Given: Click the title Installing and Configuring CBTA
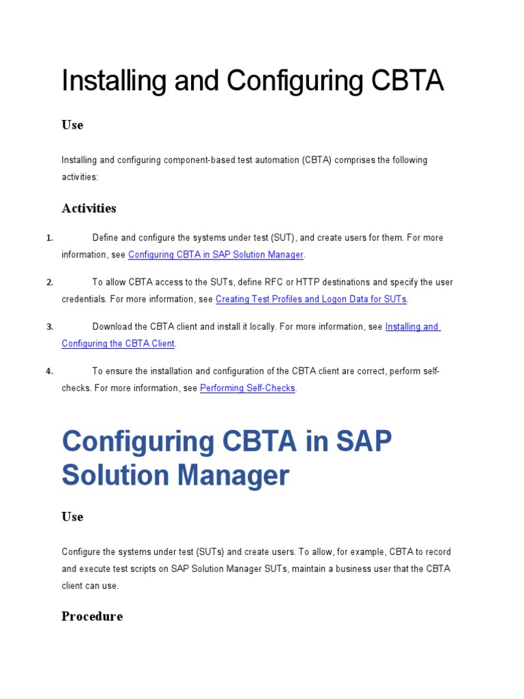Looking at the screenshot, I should tap(252, 81).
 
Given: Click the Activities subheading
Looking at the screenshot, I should tap(89, 208).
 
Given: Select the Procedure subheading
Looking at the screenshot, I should tap(92, 616).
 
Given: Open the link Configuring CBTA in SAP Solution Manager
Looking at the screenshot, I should tap(216, 255).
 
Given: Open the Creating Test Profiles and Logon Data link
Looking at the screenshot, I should tap(311, 299).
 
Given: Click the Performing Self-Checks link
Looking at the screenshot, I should tap(248, 388).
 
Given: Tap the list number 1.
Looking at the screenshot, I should tap(50, 238).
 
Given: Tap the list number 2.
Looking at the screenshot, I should tap(50, 282).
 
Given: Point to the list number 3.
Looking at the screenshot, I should tap(50, 326).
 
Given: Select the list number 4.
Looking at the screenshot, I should tap(50, 371).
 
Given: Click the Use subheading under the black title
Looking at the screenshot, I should tap(72, 125).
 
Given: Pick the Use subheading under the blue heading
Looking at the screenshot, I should tap(72, 517).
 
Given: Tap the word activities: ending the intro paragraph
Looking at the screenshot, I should tap(80, 177).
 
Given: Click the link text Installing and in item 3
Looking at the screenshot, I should tap(412, 326).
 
